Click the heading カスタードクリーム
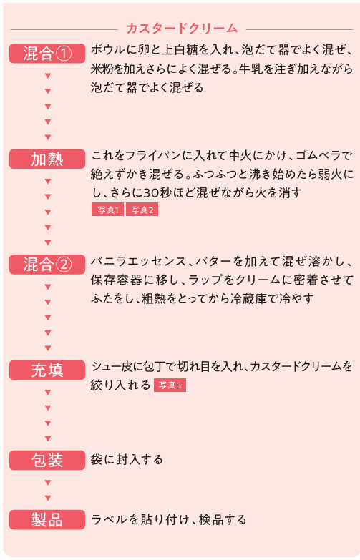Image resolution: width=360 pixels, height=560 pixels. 182,29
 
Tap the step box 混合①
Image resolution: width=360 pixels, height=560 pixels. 47,53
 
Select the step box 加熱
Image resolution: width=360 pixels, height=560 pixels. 47,159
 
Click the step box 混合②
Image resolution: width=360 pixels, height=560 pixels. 47,265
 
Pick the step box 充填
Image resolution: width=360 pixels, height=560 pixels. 47,370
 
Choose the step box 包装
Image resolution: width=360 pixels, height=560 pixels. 47,460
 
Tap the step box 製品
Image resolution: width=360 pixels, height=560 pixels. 47,520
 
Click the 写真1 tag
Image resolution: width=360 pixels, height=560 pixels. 107,210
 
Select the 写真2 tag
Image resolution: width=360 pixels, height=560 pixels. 142,210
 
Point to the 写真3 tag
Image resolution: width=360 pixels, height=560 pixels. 170,385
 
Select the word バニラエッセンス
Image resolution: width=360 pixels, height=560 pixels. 139,262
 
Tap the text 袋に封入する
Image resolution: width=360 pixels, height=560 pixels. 127,459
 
